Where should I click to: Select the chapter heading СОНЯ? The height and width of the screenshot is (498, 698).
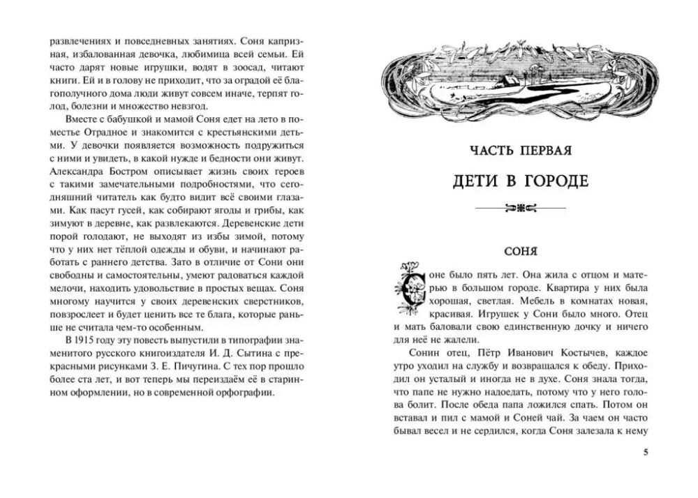[521, 250]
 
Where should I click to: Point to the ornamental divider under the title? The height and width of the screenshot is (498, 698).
[521, 207]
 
